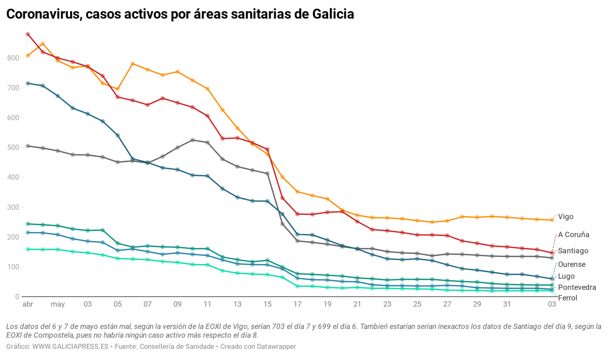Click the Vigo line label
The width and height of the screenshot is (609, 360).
pos(565,217)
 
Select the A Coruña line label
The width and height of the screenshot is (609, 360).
pos(573,235)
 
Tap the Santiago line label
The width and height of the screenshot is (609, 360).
pos(573,251)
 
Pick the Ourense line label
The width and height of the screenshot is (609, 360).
pos(571,265)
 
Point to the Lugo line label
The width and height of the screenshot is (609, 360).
pos(566,276)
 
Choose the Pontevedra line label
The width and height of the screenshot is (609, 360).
pos(577,287)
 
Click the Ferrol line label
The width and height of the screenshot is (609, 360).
pos(567,298)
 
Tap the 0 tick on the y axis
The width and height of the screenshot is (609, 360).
pos(17,297)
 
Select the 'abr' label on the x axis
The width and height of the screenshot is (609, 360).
pos(27,305)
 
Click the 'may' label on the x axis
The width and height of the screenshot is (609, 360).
pos(57,305)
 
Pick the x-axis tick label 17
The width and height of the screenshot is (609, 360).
pos(297,305)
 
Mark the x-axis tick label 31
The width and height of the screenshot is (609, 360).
pos(507,305)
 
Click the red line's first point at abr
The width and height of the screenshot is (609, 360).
pos(28,35)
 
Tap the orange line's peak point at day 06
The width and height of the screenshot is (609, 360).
pos(133,64)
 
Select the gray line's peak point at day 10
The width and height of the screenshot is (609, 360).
pos(193,140)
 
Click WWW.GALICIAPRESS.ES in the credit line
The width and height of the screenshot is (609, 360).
pos(65,346)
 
